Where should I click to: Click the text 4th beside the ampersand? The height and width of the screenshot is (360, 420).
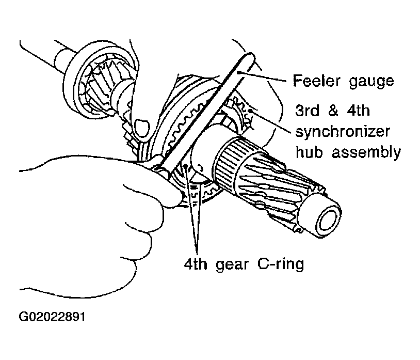click(359, 110)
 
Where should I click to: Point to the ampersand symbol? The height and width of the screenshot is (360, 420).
click(333, 111)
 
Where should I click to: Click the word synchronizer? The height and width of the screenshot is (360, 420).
click(343, 132)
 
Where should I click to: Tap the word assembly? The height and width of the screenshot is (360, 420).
click(366, 153)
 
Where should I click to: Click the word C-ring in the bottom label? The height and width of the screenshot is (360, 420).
click(281, 264)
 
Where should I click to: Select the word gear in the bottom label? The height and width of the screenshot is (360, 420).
click(232, 265)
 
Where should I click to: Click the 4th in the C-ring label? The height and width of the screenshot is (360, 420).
click(196, 264)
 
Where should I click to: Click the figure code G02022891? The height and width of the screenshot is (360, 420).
click(52, 317)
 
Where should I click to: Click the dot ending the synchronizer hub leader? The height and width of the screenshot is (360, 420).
click(250, 111)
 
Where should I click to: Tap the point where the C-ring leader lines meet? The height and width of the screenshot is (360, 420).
click(197, 253)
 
